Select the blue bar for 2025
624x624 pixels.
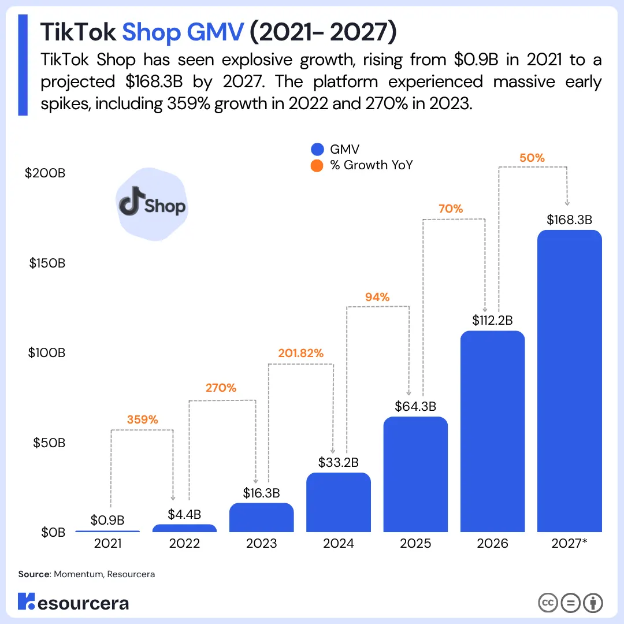pyautogui.click(x=415, y=474)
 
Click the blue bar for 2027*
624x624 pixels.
pyautogui.click(x=569, y=381)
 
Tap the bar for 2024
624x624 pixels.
pyautogui.click(x=338, y=503)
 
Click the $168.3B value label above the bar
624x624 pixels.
pyautogui.click(x=569, y=220)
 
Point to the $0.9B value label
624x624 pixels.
pyautogui.click(x=107, y=520)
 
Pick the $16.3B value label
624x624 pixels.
pyautogui.click(x=261, y=493)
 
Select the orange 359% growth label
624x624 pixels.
pyautogui.click(x=142, y=419)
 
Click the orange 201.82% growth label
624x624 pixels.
pyautogui.click(x=300, y=353)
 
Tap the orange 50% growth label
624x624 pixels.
pyautogui.click(x=532, y=158)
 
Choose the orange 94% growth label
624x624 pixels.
pyautogui.click(x=377, y=297)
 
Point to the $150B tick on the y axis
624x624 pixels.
pyautogui.click(x=47, y=263)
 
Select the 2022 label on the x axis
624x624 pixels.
pyautogui.click(x=184, y=544)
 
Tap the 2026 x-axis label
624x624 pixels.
pyautogui.click(x=492, y=544)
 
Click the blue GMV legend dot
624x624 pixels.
pyautogui.click(x=317, y=149)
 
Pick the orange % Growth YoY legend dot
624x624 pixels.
pyautogui.click(x=317, y=165)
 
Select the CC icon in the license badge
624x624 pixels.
pyautogui.click(x=547, y=603)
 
